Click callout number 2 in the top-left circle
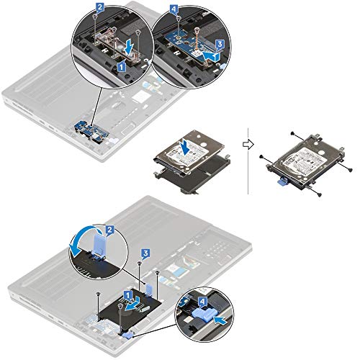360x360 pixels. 100,8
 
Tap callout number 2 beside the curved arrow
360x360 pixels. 110,230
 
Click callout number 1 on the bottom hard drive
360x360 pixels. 127,294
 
